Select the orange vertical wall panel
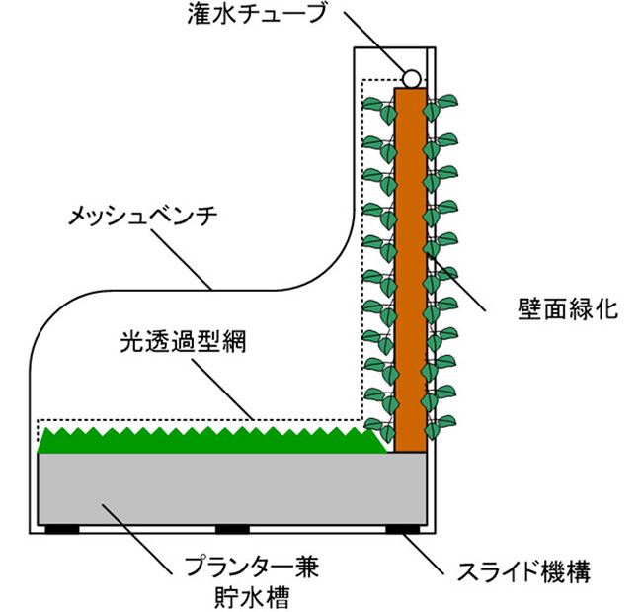(x=408, y=267)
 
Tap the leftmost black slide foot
(x=61, y=527)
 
